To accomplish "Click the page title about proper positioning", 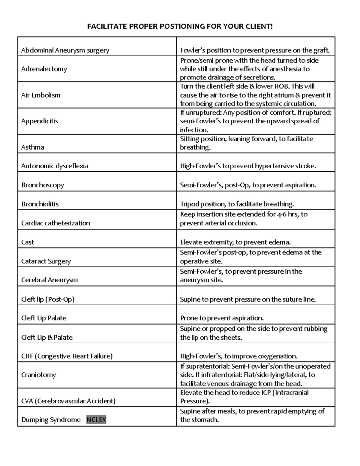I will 180,26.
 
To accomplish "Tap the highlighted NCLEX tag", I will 96,419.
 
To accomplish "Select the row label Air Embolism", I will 41,95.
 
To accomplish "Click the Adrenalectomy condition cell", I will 44,69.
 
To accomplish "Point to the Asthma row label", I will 33,147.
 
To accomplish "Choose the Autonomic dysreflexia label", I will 55,166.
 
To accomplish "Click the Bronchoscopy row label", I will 43,185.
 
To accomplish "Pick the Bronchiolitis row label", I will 40,204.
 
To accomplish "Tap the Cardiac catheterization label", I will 55,223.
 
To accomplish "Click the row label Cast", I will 28,242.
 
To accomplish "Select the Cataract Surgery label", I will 46,261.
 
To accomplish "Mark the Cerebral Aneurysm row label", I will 49,280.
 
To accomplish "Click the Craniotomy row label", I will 38,375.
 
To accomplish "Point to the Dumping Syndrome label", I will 51,419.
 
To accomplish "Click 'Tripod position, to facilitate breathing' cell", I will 237,204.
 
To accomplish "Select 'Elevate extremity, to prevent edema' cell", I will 235,242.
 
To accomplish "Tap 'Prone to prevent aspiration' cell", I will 222,318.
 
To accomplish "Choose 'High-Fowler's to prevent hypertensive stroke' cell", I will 248,166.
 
